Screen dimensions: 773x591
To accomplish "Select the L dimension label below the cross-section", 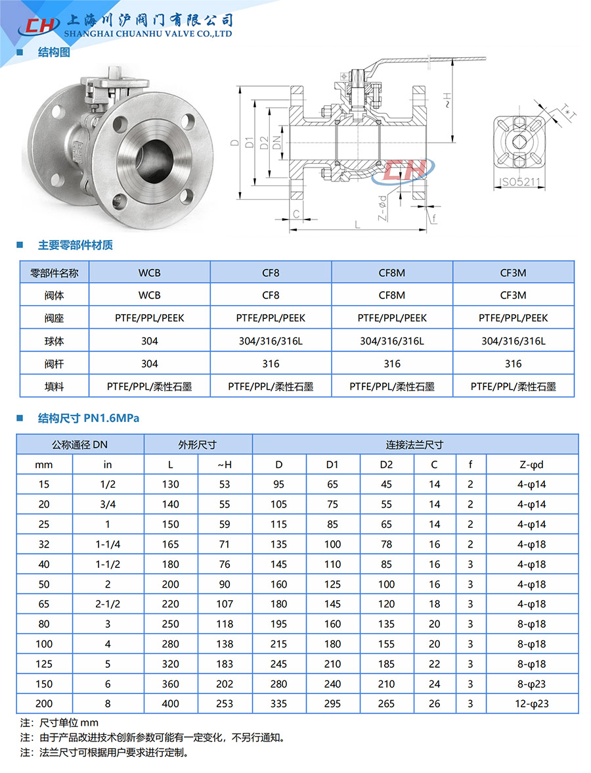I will tap(357, 225).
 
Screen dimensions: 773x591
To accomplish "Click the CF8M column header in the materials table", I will tap(392, 273).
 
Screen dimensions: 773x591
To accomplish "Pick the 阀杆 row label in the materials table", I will tap(54, 363).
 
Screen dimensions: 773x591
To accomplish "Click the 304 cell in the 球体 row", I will tap(149, 341).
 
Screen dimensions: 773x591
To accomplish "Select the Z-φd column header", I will tap(532, 465).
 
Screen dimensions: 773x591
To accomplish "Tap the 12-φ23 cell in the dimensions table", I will tap(532, 703).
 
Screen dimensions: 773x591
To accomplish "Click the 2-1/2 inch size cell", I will tap(108, 604).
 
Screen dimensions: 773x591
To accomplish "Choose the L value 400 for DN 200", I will tap(170, 703).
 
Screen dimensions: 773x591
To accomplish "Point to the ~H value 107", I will tap(225, 604).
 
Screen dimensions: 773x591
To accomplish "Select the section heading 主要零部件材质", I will tap(76, 245).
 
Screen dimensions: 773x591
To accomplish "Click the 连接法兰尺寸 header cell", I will tap(414, 444).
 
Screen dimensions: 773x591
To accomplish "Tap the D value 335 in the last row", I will tap(279, 703).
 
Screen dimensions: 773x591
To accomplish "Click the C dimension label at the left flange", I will tap(297, 214).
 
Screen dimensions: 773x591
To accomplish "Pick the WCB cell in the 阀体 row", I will tap(149, 296).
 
